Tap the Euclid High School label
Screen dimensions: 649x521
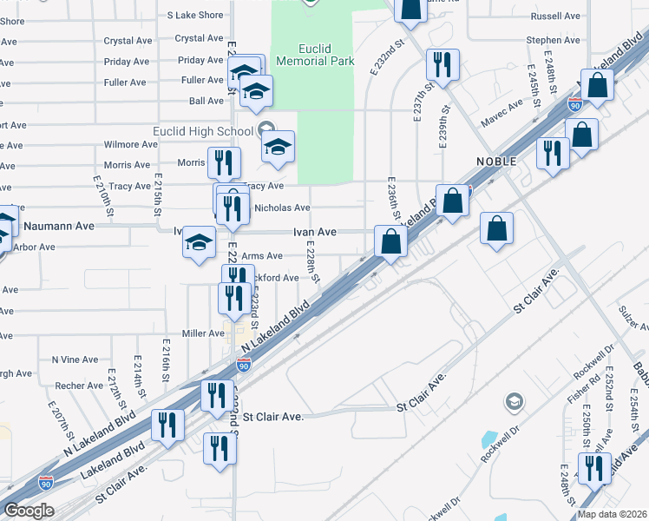[x=202, y=131]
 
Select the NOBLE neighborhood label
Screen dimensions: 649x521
[x=496, y=162]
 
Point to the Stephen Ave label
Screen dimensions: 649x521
[x=553, y=40]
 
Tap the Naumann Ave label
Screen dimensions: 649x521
[x=59, y=226]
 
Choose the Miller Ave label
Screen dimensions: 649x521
[x=204, y=333]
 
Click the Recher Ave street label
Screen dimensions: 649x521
[x=78, y=386]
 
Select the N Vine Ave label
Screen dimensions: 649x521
[x=75, y=359]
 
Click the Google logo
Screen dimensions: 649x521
[x=29, y=510]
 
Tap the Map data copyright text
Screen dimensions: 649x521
[x=612, y=514]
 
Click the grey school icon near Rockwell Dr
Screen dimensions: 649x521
[x=515, y=401]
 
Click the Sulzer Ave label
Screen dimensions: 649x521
[x=633, y=317]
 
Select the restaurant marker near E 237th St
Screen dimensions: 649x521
[x=442, y=64]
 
